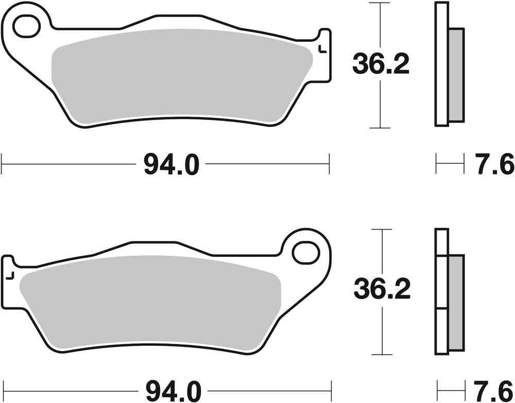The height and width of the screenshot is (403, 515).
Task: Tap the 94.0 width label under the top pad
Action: [170, 165]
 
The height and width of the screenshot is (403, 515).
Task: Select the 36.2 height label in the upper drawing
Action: [381, 64]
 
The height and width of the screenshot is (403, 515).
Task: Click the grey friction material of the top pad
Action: [180, 77]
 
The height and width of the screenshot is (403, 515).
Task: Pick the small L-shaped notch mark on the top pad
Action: [321, 50]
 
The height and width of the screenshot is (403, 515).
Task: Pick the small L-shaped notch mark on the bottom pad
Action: [9, 276]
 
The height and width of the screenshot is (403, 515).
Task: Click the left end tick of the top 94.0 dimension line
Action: [3, 165]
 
